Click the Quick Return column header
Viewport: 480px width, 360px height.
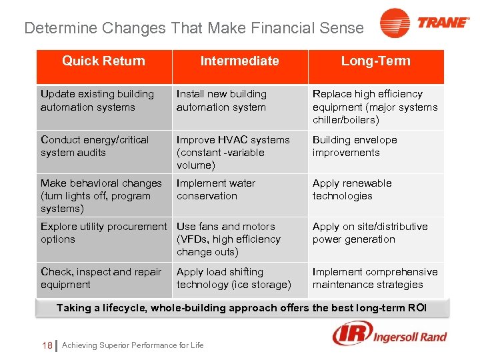pos(103,61)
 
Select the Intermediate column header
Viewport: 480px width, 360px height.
pos(240,61)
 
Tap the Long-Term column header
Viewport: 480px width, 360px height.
pos(376,61)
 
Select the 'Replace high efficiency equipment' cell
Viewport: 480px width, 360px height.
pos(375,107)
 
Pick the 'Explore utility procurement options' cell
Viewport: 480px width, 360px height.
pos(103,233)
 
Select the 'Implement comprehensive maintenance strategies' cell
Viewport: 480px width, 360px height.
pos(375,278)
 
